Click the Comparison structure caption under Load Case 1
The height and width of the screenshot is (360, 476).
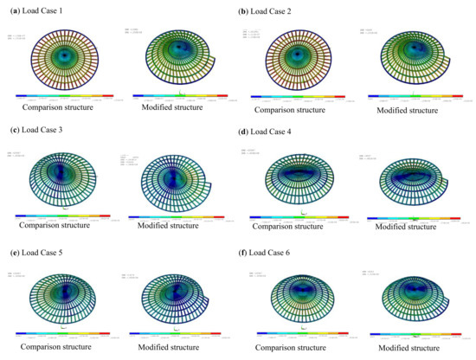[58, 108]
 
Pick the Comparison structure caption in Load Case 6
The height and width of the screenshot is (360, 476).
[297, 346]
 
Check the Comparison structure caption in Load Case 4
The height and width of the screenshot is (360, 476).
[297, 227]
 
